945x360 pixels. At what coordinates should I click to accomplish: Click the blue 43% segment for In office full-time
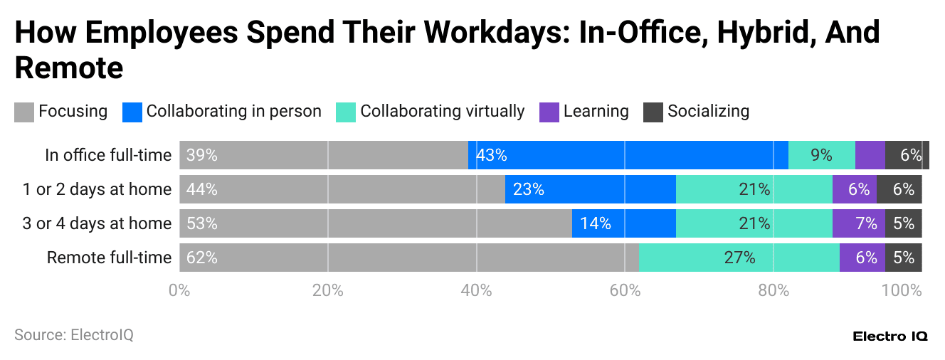628,155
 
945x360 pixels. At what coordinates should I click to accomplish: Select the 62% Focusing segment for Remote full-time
408,258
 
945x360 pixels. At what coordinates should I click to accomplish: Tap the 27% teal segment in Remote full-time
739,258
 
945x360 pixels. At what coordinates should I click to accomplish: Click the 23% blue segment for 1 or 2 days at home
590,189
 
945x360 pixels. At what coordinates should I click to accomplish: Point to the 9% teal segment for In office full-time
821,155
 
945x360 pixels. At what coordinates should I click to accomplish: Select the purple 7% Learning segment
858,223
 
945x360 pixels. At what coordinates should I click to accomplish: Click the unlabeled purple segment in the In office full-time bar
870,155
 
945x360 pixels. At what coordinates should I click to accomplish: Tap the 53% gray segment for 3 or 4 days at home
375,223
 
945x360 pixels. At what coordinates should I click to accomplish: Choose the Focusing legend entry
61,112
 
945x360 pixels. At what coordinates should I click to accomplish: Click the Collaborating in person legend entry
222,112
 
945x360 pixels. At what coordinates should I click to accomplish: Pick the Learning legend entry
584,112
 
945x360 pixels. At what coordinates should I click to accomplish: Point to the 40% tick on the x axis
476,290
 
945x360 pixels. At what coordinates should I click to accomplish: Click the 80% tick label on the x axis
773,290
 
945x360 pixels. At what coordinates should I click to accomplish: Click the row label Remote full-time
109,258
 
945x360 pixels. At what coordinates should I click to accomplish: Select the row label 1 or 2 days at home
97,189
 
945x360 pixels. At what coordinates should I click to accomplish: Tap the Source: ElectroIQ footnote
74,334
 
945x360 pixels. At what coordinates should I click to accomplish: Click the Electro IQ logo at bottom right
889,337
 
